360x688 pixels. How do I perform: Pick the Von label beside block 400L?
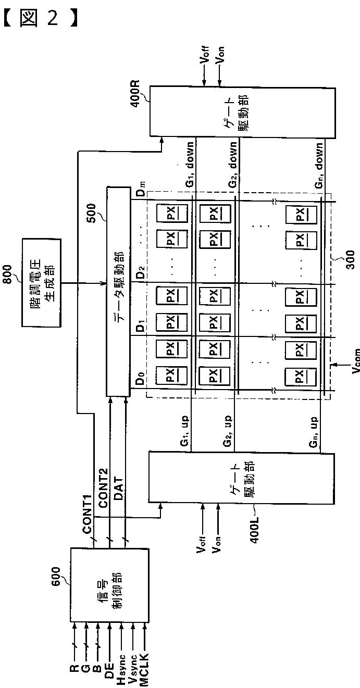[218, 546]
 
